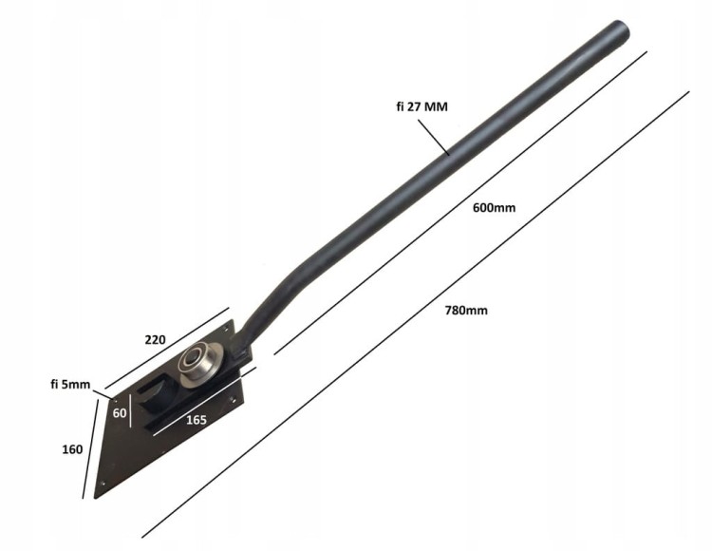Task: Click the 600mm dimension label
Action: (494, 208)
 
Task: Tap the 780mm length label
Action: (466, 311)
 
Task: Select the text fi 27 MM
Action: (422, 106)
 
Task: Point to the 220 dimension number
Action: (156, 340)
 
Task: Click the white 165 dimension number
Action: (197, 420)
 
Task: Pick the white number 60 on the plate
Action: (120, 413)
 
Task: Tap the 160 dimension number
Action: (72, 449)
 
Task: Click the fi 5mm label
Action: (70, 385)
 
